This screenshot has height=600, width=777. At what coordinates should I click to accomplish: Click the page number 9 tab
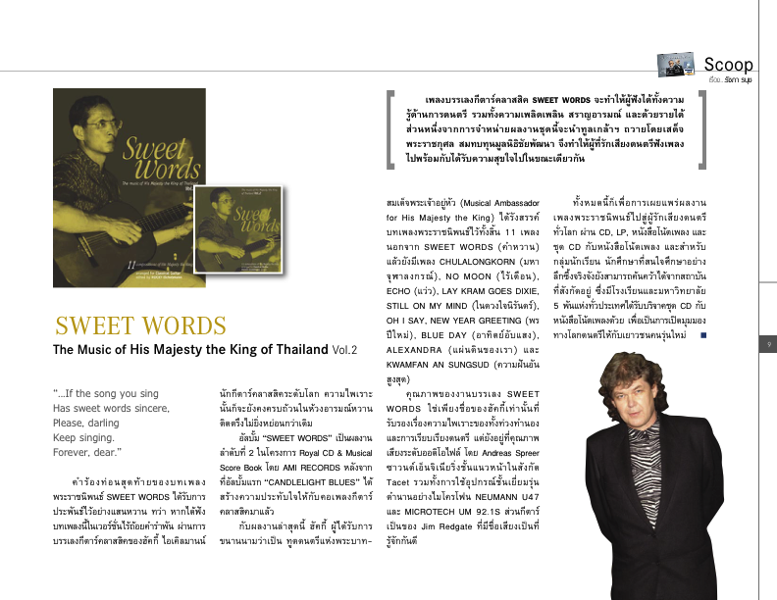tap(769, 343)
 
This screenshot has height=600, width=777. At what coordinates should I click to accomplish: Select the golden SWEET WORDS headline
tap(129, 325)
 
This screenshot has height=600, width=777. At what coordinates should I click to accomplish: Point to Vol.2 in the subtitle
tap(344, 350)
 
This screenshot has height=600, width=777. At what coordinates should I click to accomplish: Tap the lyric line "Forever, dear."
tap(87, 452)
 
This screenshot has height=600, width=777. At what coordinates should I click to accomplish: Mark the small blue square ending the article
tap(703, 335)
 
